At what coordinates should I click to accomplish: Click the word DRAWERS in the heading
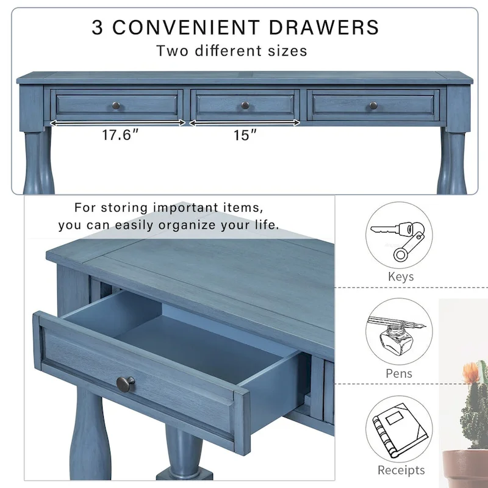323,27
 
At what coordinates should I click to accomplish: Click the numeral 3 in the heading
98,27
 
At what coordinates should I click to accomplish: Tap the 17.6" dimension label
117,135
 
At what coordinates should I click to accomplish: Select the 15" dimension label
245,135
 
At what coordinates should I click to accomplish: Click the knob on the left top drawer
116,106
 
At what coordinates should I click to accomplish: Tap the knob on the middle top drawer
245,106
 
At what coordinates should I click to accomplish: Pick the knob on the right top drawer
373,106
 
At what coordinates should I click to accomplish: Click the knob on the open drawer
126,384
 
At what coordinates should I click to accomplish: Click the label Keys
401,277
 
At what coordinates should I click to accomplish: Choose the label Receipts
401,470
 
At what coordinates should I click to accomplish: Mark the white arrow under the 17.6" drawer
117,123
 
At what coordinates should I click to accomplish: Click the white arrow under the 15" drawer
245,123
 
